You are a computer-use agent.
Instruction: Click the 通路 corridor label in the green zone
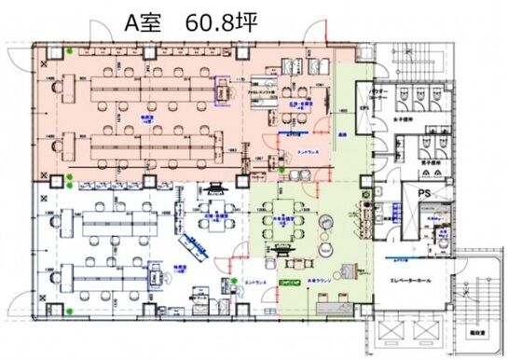[x=342, y=135]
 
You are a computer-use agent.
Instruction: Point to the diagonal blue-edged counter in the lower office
[x=197, y=248]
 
